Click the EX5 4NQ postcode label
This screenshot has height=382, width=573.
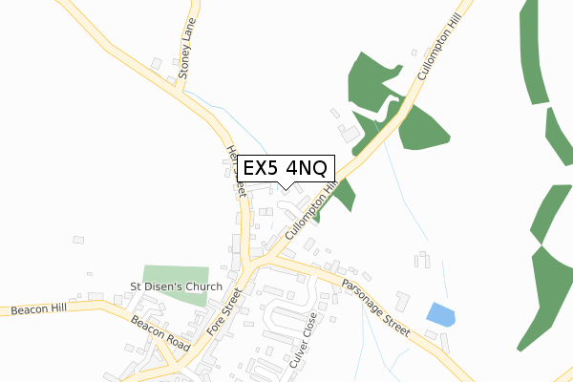(285, 168)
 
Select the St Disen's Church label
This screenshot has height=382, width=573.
(176, 286)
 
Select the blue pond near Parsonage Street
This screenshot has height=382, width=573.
(441, 313)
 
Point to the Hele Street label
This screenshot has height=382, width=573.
(236, 170)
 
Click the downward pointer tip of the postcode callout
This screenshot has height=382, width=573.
(286, 187)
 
